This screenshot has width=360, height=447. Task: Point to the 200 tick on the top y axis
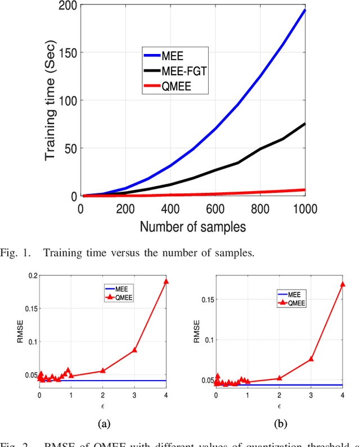click(67, 6)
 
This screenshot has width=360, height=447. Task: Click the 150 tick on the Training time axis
click(67, 53)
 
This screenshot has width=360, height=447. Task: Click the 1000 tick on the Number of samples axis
click(304, 209)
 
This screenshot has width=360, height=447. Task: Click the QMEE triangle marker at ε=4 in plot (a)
click(166, 281)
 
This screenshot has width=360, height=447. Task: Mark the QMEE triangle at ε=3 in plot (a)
click(134, 350)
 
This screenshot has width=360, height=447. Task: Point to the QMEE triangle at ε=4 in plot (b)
click(342, 284)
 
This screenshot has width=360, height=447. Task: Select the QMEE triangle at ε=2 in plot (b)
click(279, 378)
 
